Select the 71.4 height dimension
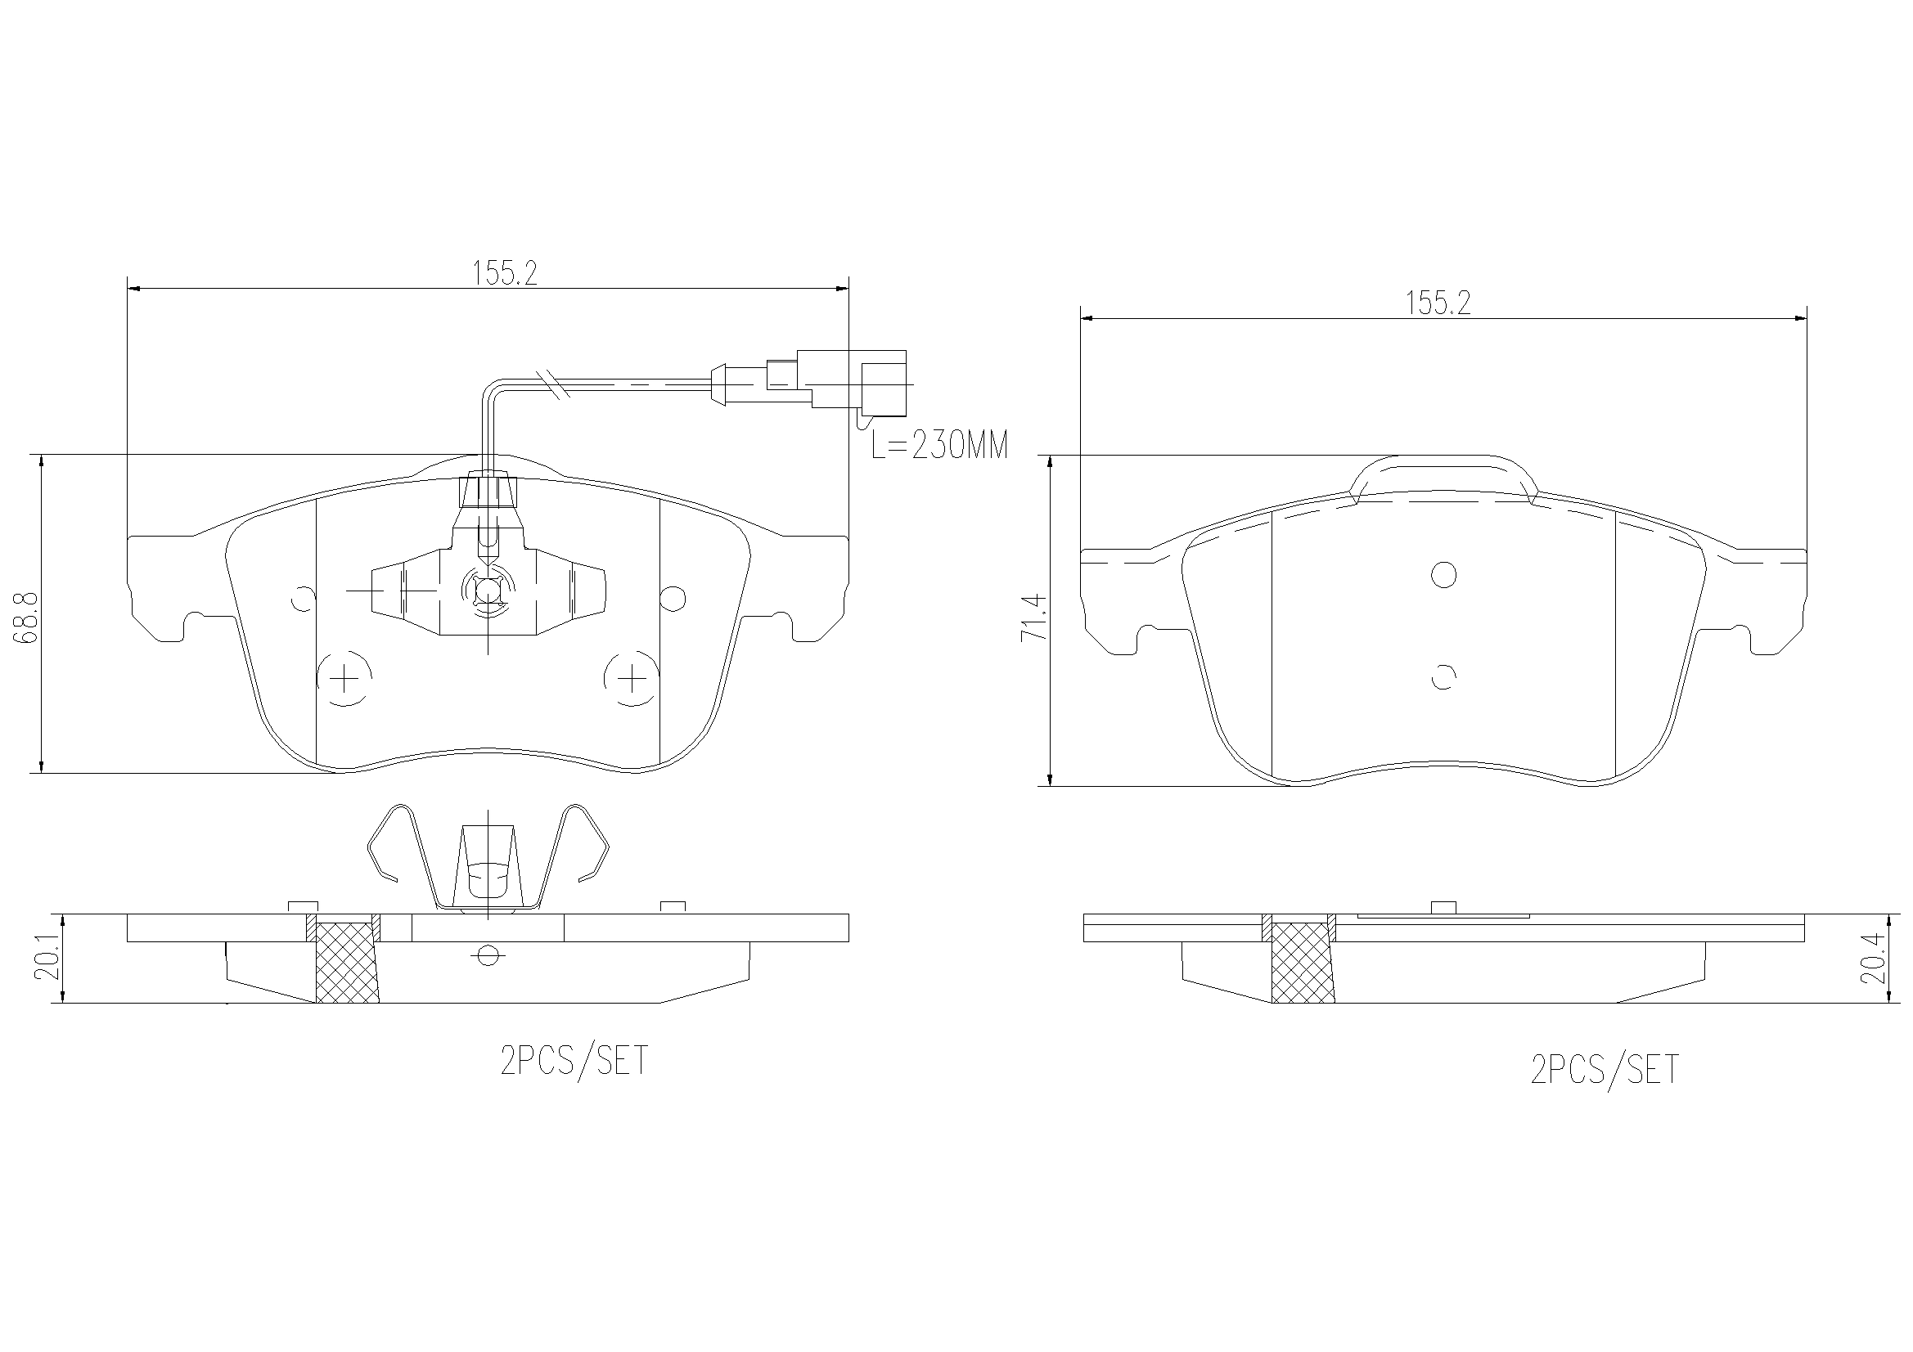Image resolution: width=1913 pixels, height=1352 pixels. click(x=1033, y=618)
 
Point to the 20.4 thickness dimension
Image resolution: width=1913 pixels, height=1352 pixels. click(x=1871, y=958)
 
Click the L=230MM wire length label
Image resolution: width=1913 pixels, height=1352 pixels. click(x=939, y=446)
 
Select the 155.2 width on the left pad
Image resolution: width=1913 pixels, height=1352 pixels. click(x=505, y=273)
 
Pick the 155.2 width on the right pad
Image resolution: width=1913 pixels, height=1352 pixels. click(x=1438, y=303)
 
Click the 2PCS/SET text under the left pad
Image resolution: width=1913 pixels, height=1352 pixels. click(x=574, y=1062)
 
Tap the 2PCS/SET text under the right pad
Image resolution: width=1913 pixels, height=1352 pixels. click(x=1605, y=1070)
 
